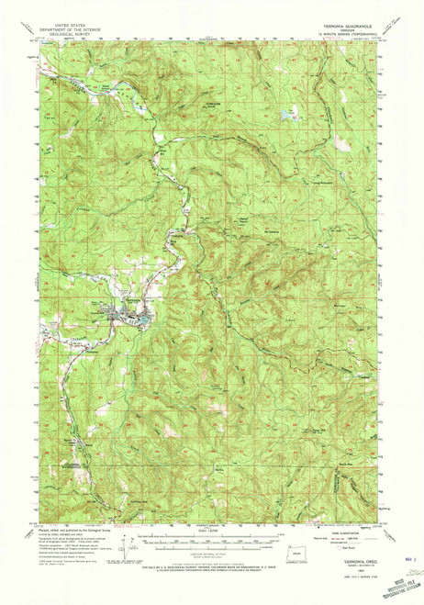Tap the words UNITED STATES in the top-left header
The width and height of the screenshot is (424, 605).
(x=73, y=28)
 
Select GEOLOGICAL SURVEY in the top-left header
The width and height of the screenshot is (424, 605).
(x=73, y=38)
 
